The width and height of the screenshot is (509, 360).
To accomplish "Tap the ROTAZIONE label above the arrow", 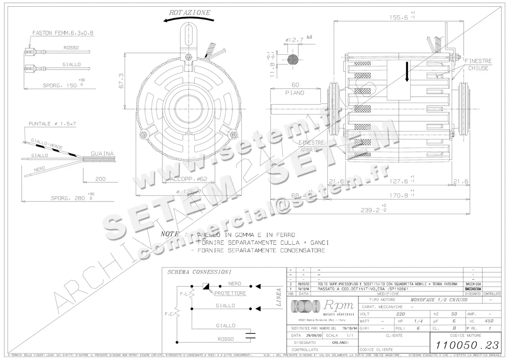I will (x=190, y=13).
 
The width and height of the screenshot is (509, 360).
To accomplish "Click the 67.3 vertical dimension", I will (x=121, y=81).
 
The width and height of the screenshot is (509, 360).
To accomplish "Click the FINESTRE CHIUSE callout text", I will (x=478, y=64).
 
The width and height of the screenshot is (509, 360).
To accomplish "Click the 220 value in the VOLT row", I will (x=400, y=314).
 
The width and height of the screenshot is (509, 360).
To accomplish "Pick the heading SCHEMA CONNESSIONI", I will (x=193, y=272).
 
